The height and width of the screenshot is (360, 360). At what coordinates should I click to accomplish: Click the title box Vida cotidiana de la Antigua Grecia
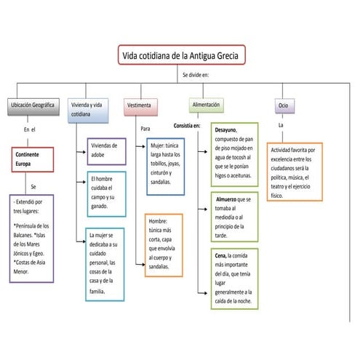[182, 55]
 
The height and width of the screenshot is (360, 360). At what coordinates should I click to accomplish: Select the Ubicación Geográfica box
[33, 107]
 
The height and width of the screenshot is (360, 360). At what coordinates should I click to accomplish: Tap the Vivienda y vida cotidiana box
[88, 111]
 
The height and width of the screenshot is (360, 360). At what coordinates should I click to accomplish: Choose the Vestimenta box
[140, 107]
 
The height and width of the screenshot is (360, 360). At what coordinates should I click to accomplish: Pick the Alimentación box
[207, 105]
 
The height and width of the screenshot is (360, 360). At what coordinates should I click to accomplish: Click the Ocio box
[284, 106]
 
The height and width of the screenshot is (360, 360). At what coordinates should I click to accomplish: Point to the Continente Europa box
[33, 159]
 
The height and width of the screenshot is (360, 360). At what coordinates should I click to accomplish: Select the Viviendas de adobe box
[106, 151]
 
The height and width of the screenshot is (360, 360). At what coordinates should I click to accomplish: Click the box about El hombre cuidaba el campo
[106, 194]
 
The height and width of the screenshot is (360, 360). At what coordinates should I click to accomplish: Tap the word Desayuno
[225, 130]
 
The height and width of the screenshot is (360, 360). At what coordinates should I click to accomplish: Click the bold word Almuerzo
[226, 199]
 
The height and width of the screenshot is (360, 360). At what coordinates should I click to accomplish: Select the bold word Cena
[220, 255]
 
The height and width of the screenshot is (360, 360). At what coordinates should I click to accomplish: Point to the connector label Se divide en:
[196, 75]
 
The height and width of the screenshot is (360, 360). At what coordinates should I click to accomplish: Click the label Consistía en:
[187, 126]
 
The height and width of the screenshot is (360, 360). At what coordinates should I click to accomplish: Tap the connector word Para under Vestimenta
[145, 129]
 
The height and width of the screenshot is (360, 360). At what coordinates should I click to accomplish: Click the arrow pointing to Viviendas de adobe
[81, 152]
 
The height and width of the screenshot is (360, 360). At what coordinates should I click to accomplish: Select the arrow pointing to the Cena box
[203, 293]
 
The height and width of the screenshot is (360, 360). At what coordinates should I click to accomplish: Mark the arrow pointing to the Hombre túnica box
[140, 264]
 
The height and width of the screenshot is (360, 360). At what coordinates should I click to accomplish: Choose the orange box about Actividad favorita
[295, 172]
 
